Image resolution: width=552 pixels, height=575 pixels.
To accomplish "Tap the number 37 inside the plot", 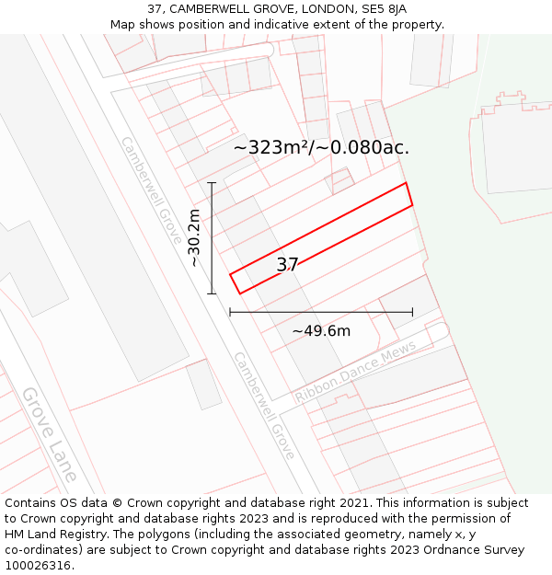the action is (287, 265).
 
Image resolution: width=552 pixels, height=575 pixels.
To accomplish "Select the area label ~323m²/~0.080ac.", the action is (321, 147).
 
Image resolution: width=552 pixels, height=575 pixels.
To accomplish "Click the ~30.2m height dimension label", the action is (194, 237).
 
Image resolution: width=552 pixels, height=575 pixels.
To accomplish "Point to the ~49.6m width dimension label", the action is (321, 331).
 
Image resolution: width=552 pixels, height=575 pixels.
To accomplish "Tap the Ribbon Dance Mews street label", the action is (355, 371).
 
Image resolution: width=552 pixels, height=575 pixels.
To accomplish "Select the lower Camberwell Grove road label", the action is (264, 405).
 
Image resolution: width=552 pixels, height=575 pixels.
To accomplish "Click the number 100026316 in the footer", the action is (37, 566).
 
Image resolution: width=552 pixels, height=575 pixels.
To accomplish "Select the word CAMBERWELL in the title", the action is (208, 9).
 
